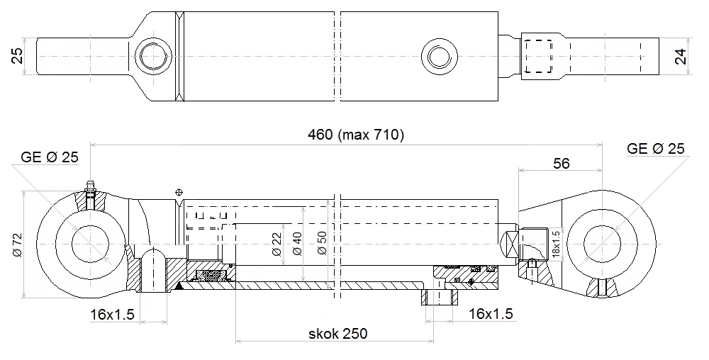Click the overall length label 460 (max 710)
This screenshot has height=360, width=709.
355,135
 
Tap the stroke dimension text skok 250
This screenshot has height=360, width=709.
337,334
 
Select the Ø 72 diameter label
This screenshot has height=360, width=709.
17,244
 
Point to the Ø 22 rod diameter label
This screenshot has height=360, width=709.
277,244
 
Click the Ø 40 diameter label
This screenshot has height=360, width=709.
297,244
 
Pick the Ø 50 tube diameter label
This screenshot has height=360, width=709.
321,244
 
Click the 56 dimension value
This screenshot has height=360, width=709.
561,163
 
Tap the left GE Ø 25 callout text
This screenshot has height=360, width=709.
50,157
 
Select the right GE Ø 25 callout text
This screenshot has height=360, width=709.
656,148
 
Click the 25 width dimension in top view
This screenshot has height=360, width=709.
17,56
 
